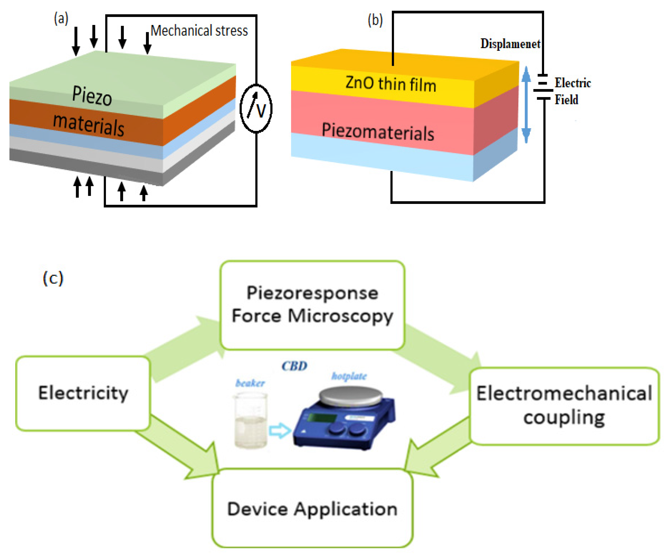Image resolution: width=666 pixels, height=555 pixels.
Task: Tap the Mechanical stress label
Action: click(199, 31)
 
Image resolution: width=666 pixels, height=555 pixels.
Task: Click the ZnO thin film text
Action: click(391, 84)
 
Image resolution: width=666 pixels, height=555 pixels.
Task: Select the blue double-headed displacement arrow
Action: click(526, 105)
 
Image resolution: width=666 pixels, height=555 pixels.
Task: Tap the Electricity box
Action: click(83, 393)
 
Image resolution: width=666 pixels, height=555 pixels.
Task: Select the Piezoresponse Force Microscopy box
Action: click(312, 305)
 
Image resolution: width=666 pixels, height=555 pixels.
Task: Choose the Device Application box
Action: click(312, 509)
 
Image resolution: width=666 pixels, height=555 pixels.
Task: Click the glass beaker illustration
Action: click(251, 420)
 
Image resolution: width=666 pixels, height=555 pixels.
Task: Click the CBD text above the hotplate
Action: click(294, 366)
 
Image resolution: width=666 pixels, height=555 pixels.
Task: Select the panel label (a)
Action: click(61, 18)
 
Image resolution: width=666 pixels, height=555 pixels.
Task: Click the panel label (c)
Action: click(53, 278)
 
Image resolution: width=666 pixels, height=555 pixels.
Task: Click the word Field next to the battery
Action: click(566, 100)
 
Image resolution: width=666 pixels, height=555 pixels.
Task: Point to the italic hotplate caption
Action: click(349, 376)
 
